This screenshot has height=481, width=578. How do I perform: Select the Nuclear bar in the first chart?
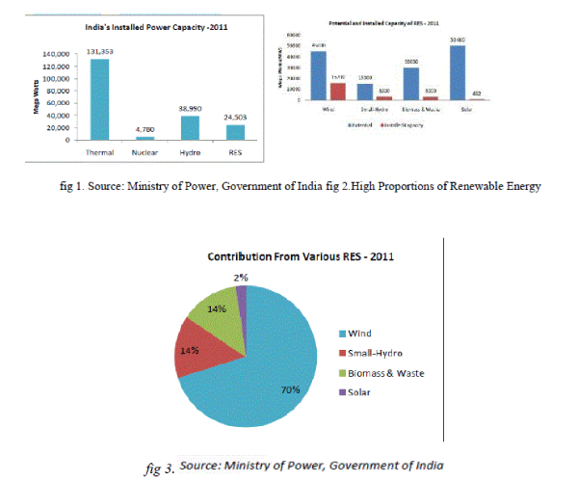(x=145, y=138)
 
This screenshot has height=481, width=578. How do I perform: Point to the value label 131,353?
(x=100, y=51)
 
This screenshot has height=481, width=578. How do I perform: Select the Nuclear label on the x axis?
(x=145, y=151)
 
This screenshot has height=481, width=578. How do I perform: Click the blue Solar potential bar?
(x=458, y=72)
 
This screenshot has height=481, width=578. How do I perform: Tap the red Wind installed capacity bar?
(x=337, y=91)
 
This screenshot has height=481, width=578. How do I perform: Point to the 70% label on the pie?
(x=289, y=390)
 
